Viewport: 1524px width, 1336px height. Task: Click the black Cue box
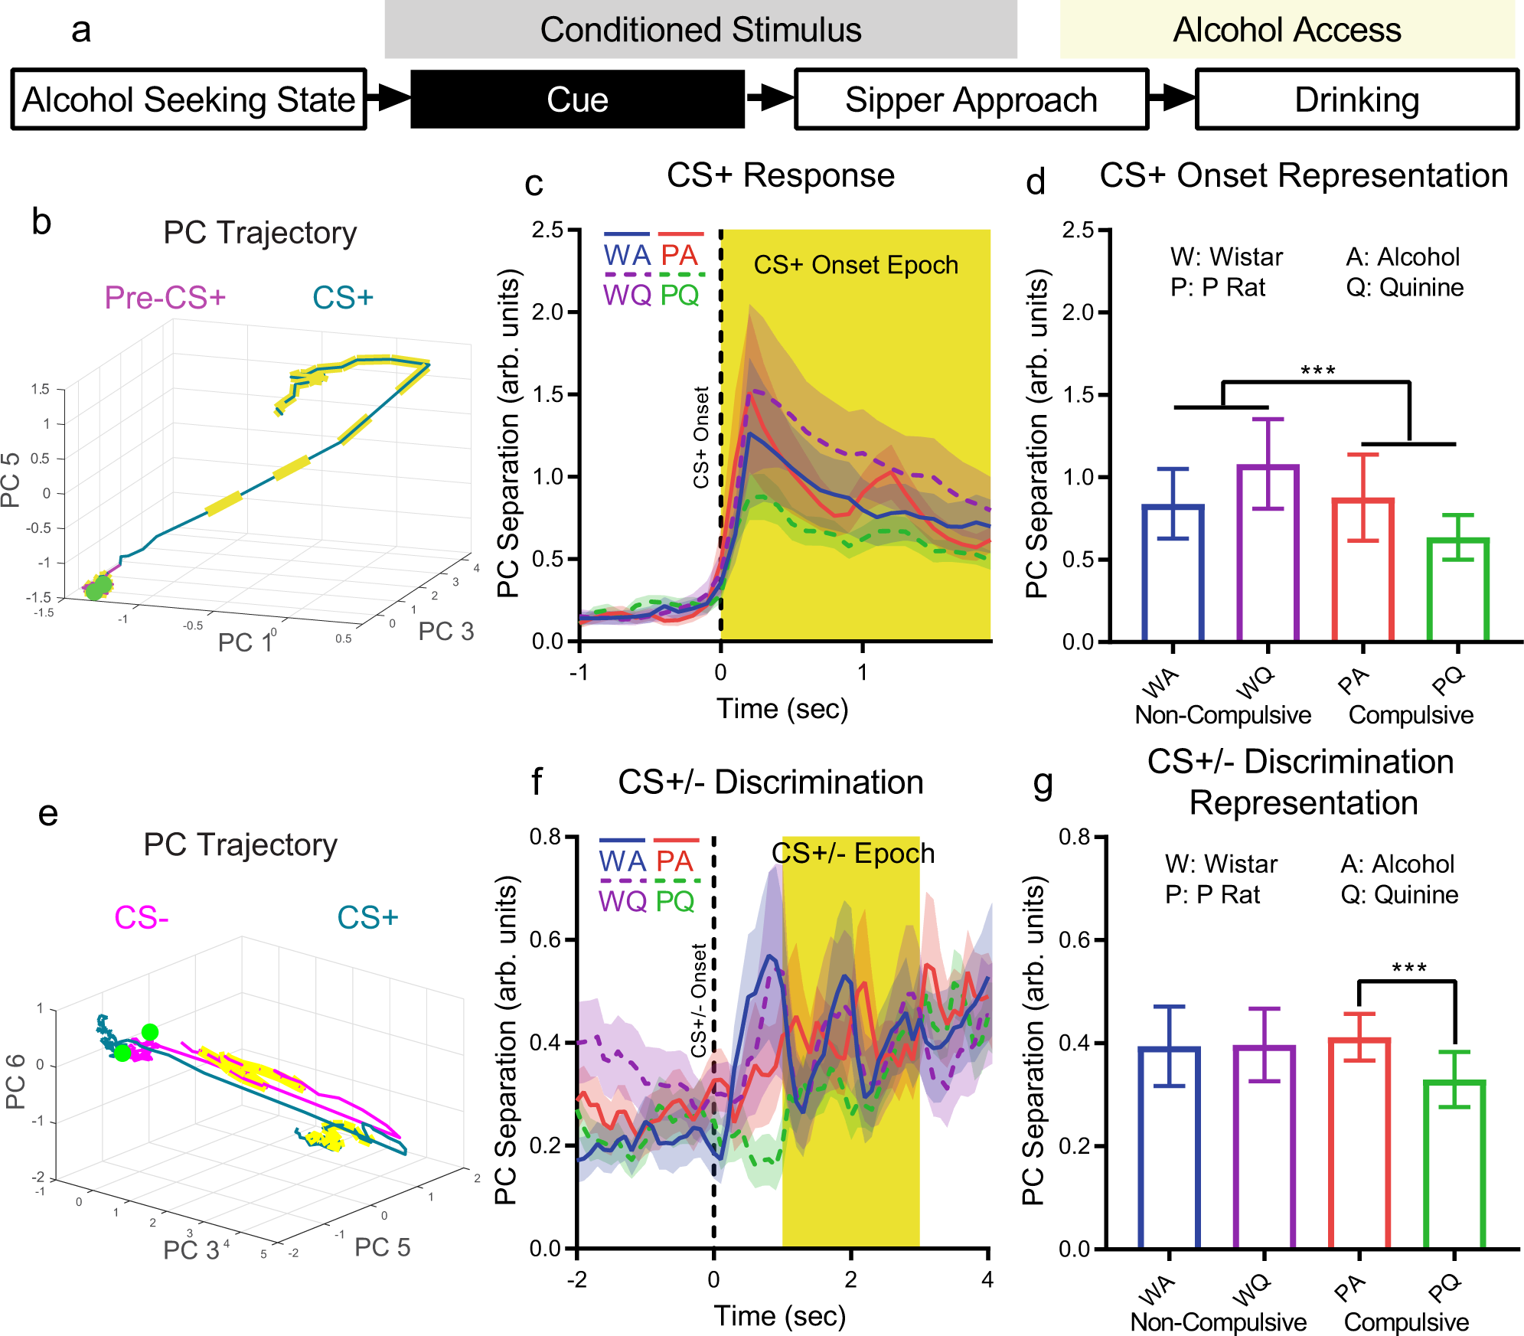tap(577, 100)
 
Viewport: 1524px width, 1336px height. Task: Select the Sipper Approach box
tap(971, 100)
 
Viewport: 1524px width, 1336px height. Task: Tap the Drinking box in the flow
tap(1356, 100)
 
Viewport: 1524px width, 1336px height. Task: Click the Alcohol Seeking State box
tap(188, 100)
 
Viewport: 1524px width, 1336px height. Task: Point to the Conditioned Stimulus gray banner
tap(700, 30)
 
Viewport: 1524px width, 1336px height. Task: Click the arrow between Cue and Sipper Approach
tap(770, 97)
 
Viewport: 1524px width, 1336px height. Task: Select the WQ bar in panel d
tap(1268, 551)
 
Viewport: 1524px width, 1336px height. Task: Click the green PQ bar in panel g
tap(1454, 1164)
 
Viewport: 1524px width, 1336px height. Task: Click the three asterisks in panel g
tap(1408, 969)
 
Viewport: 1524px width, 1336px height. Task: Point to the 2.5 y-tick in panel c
tap(547, 230)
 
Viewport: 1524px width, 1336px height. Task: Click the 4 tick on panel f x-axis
tap(987, 1279)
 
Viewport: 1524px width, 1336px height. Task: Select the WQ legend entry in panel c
tap(627, 294)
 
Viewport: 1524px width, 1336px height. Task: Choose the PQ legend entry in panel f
tap(675, 900)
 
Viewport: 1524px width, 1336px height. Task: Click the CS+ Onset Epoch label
tap(855, 265)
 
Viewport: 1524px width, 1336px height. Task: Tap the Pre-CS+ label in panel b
tap(165, 298)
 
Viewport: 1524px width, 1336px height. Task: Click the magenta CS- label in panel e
tap(141, 917)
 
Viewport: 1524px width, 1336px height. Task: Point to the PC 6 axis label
tap(15, 1081)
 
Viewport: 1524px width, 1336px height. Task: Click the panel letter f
tap(537, 782)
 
